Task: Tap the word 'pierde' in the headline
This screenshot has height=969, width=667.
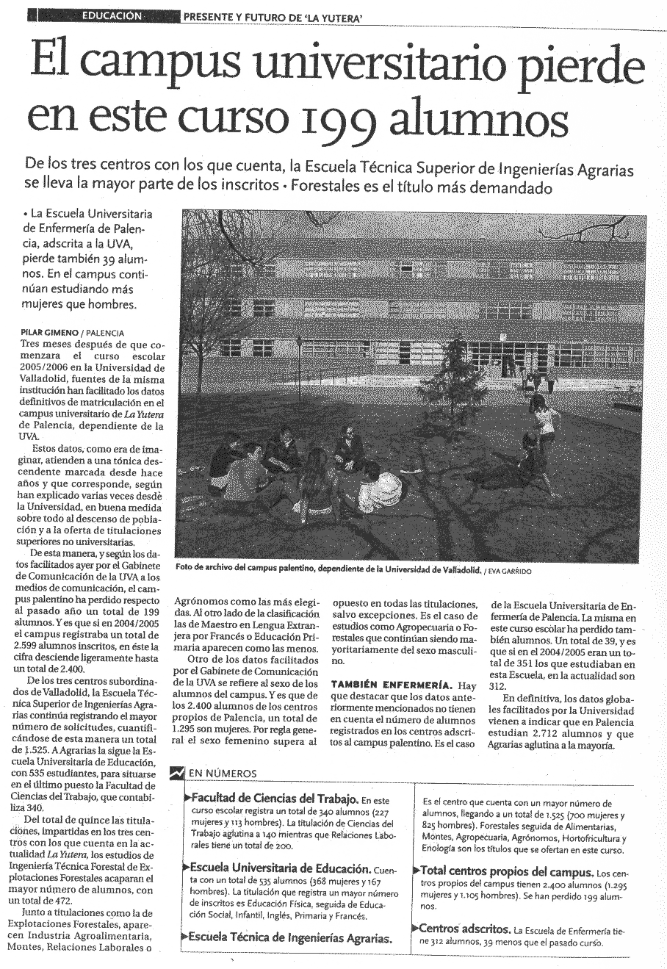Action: point(585,65)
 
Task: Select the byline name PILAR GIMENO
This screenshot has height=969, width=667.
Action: point(49,332)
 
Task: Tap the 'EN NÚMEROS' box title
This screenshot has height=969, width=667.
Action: point(223,773)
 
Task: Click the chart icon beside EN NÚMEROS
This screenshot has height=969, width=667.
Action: point(176,773)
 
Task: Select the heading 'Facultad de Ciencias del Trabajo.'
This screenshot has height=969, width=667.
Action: point(274,798)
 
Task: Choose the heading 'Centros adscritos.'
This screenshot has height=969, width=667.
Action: point(464,929)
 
